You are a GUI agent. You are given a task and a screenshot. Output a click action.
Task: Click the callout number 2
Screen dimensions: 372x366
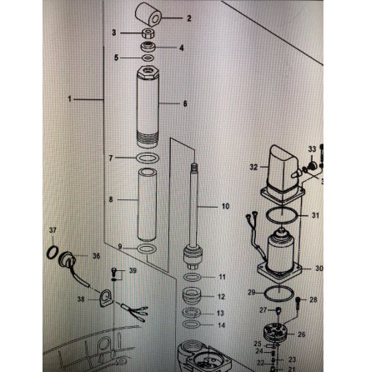(188, 18)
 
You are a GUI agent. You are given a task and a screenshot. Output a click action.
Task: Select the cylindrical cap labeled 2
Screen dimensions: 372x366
(151, 15)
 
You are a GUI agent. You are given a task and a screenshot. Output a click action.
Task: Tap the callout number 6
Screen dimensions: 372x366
(185, 104)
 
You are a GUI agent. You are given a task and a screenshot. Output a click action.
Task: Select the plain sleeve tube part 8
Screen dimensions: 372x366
(149, 202)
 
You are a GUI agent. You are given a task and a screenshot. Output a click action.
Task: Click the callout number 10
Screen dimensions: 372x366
(223, 204)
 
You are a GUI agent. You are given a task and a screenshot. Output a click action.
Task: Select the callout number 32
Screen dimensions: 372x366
(253, 168)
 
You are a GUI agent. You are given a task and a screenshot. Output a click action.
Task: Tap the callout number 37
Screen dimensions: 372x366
(52, 229)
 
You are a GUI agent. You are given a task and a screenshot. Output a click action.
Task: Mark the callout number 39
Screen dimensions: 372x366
(132, 272)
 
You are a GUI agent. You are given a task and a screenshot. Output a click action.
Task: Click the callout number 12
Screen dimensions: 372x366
(221, 297)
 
